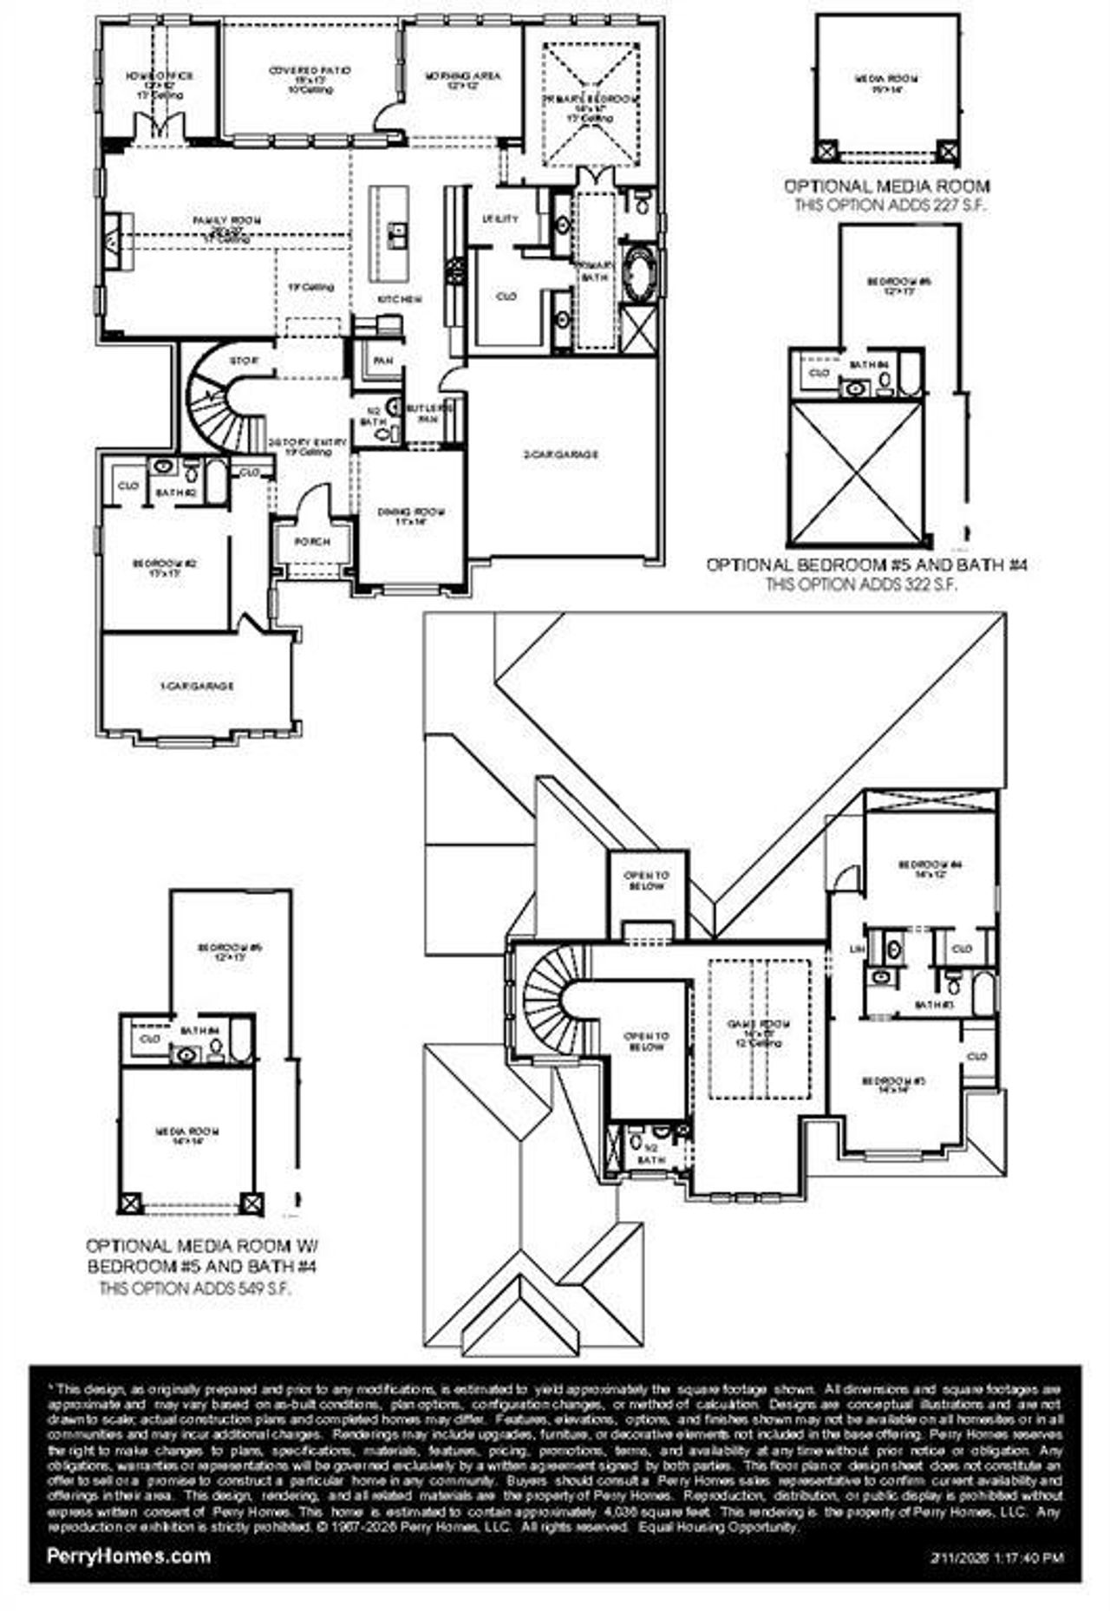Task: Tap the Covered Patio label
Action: [x=310, y=71]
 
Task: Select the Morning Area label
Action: [x=462, y=76]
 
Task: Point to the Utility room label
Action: [x=500, y=219]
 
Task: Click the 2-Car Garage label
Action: [x=562, y=453]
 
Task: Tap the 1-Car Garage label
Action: [x=197, y=686]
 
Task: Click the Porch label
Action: [x=312, y=542]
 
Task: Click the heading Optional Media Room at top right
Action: [x=886, y=186]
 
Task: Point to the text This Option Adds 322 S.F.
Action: [x=860, y=584]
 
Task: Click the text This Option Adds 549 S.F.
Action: [x=194, y=1288]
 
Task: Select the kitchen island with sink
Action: [x=389, y=232]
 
